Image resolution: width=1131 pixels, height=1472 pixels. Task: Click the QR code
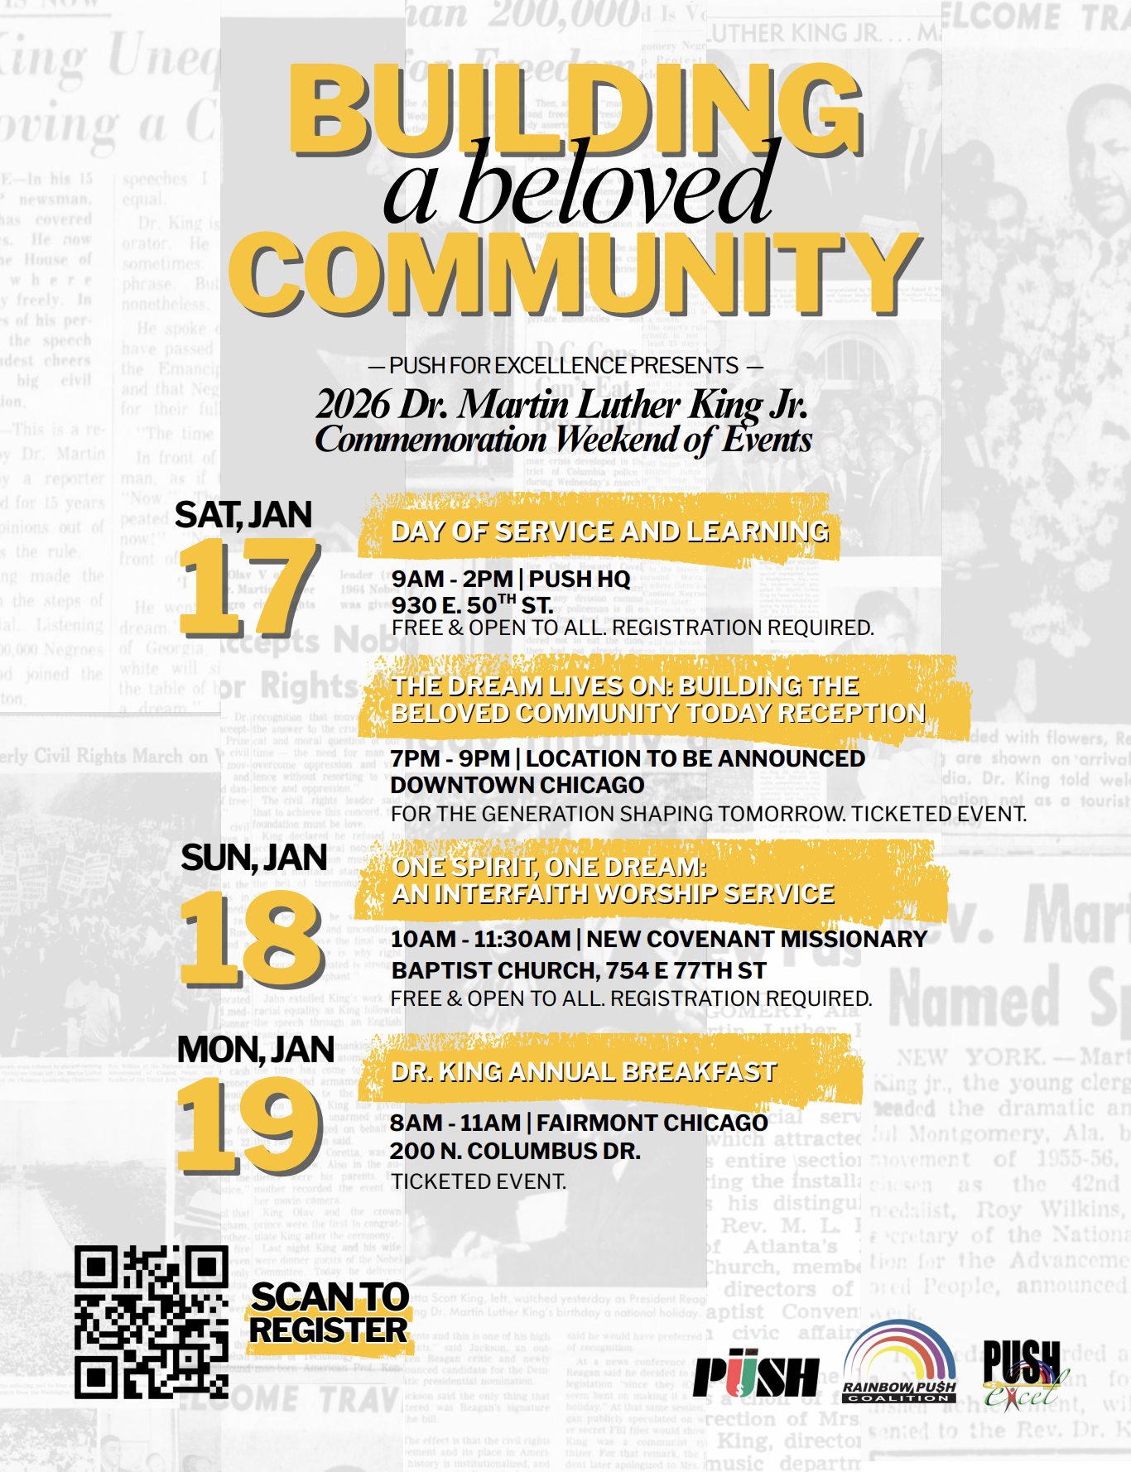tap(151, 1321)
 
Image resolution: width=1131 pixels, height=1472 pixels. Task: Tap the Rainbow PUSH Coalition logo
tap(899, 1362)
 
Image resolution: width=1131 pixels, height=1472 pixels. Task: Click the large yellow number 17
tap(248, 588)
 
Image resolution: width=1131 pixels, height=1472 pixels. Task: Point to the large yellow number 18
tap(252, 940)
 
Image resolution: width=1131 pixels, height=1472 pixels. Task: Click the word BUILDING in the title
tap(575, 108)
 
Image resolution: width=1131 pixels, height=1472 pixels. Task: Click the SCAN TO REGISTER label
tap(330, 1314)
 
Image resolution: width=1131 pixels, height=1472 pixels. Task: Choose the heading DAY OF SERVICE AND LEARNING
tap(609, 532)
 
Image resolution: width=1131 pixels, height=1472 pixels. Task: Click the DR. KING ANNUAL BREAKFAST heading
tap(584, 1072)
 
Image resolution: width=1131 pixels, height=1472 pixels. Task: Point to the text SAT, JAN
tap(243, 515)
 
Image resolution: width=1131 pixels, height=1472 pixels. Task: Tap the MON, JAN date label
tap(255, 1050)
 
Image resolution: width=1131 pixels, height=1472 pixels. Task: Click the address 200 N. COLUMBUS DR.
tap(515, 1151)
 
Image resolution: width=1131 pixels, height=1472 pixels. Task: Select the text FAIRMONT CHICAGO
tap(652, 1123)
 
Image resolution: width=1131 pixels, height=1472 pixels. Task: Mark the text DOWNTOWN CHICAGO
tap(517, 785)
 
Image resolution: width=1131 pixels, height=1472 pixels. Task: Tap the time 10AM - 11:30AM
tap(480, 939)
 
